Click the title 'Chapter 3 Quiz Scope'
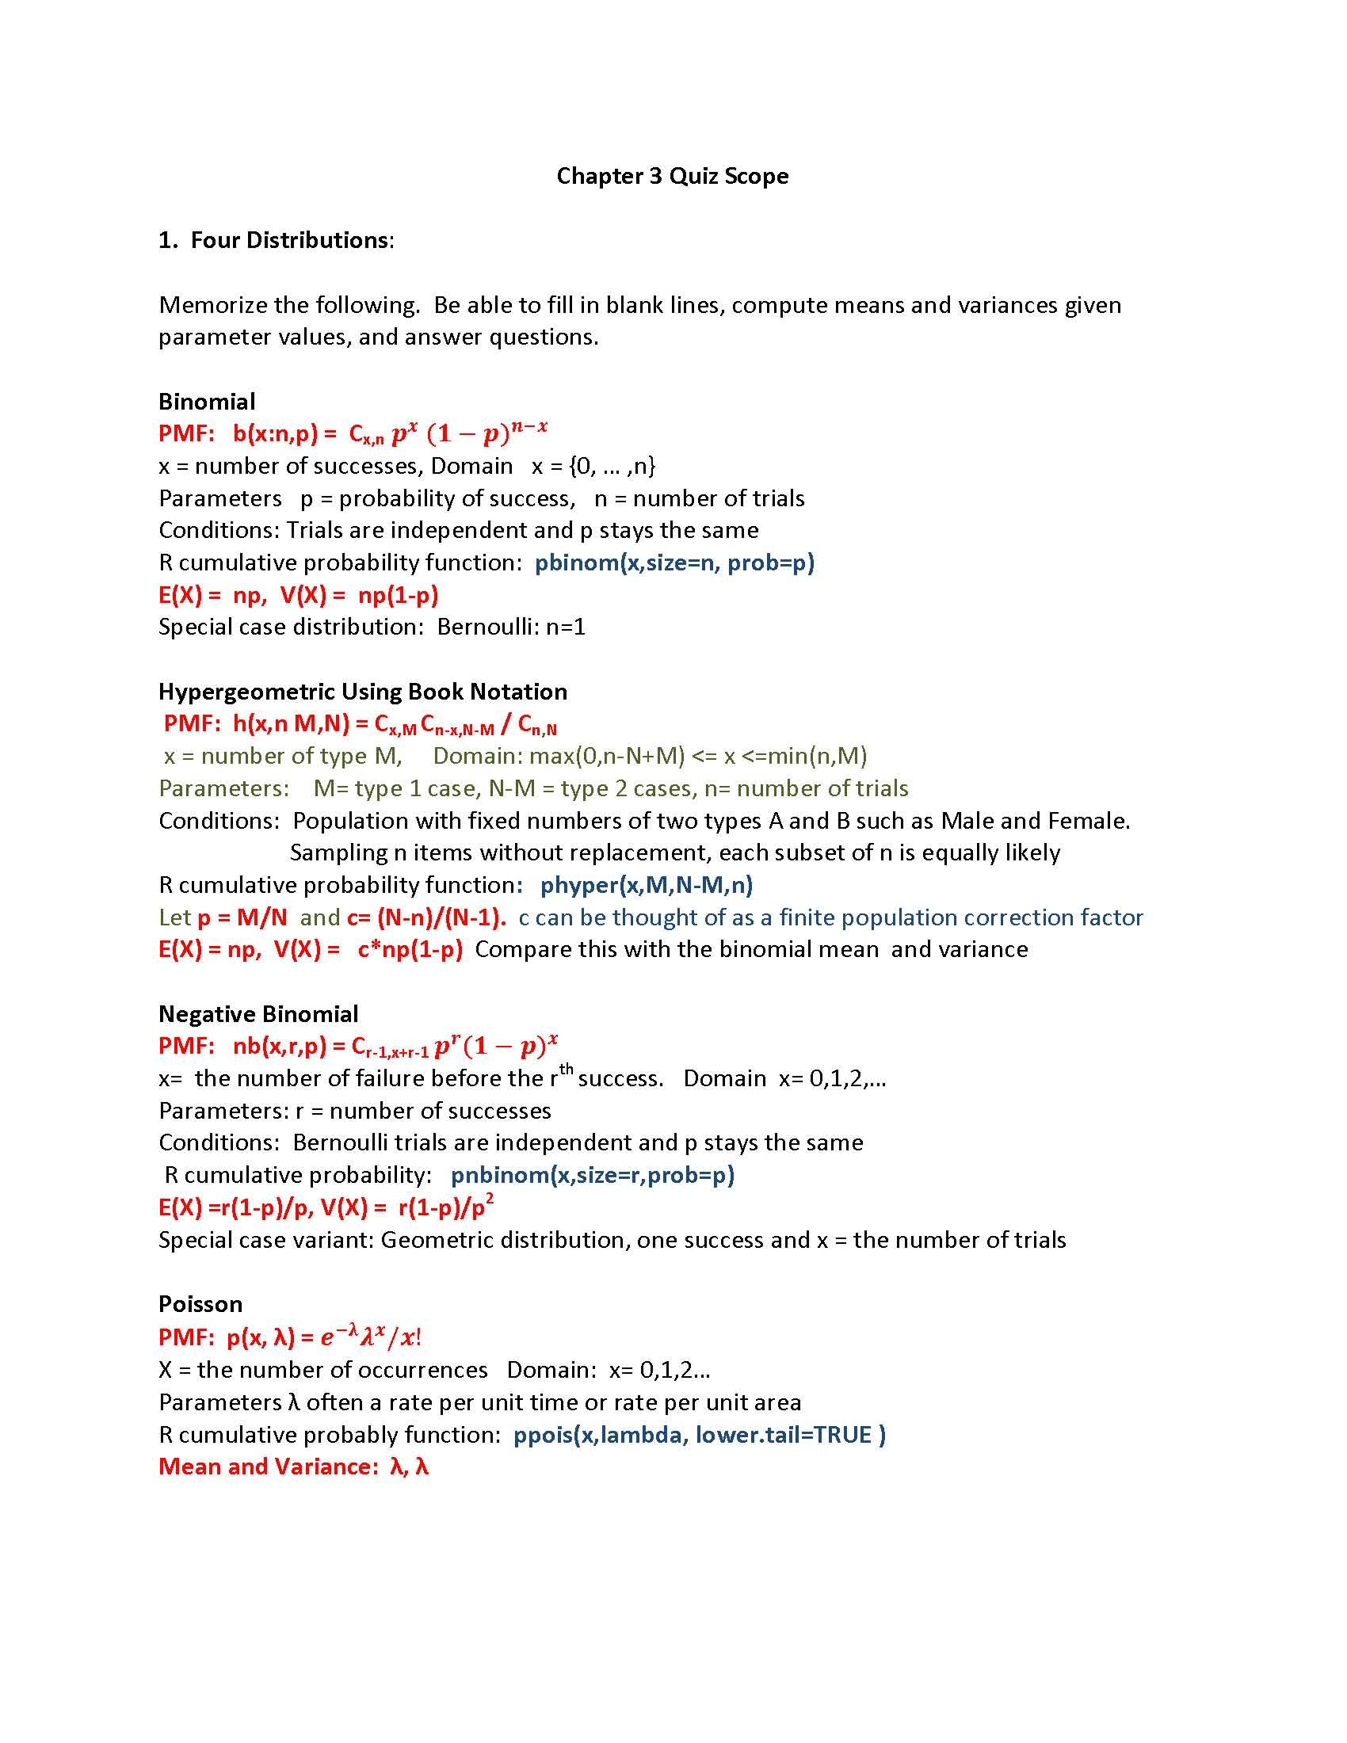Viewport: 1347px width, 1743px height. click(672, 176)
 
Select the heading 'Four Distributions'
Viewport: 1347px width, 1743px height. click(289, 240)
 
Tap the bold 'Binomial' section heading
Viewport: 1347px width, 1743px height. click(207, 402)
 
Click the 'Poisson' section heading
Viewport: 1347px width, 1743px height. click(200, 1304)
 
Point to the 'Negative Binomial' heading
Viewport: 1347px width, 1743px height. click(258, 1013)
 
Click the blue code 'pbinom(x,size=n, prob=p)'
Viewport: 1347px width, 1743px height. click(674, 563)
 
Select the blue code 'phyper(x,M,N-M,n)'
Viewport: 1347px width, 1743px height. click(647, 885)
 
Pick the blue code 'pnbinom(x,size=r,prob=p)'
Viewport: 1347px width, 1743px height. click(592, 1175)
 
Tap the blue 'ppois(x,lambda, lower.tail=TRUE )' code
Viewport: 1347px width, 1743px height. click(699, 1435)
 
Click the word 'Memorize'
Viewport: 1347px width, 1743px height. click(210, 305)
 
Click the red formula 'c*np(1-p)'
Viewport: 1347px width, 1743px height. click(410, 950)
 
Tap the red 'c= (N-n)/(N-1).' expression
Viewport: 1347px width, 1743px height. click(426, 917)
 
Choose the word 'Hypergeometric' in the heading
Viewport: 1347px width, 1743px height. click(246, 692)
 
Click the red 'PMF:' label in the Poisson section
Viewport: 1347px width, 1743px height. click(186, 1337)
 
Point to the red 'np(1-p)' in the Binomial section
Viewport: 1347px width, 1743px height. click(399, 595)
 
